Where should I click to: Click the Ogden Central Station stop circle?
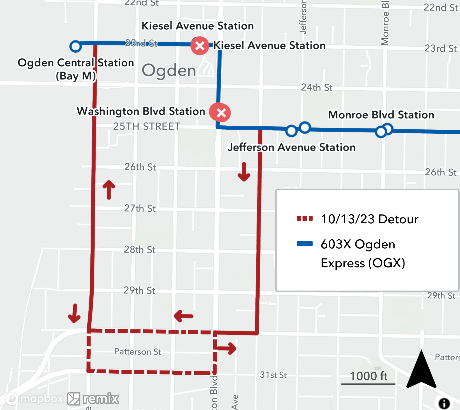tap(75, 46)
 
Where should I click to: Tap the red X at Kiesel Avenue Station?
tap(200, 46)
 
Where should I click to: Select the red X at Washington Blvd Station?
tap(220, 112)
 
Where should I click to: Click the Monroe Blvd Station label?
tap(381, 115)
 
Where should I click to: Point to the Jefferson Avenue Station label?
tap(291, 147)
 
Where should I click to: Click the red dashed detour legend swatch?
tap(305, 219)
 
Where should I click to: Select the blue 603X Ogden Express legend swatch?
tap(305, 244)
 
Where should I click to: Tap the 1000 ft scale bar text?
tap(368, 376)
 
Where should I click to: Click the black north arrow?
tap(421, 370)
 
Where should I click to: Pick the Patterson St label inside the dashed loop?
tap(137, 352)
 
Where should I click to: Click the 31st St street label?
tap(273, 375)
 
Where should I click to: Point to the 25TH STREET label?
tap(147, 126)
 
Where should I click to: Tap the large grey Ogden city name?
tap(169, 70)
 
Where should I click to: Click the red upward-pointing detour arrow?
tap(109, 190)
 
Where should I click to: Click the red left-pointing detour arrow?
tap(183, 316)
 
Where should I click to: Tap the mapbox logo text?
tap(41, 398)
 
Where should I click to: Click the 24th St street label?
tap(317, 88)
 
